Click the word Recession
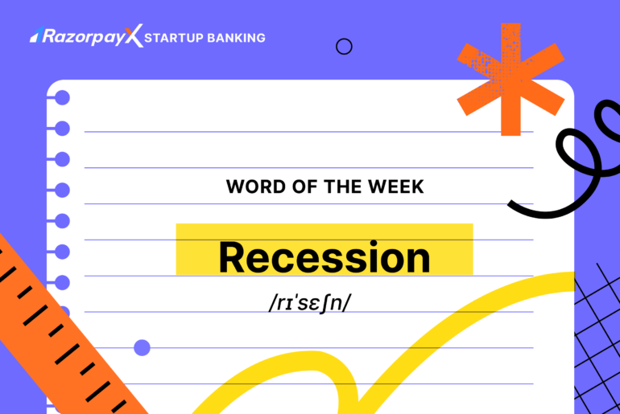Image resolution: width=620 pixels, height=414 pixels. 324,257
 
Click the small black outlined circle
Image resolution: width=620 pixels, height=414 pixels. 344,47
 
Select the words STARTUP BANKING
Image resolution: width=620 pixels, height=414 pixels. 205,38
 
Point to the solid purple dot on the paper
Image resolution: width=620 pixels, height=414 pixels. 142,347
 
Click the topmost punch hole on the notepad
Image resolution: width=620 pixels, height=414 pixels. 62,98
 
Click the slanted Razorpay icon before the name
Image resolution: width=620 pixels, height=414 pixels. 36,35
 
